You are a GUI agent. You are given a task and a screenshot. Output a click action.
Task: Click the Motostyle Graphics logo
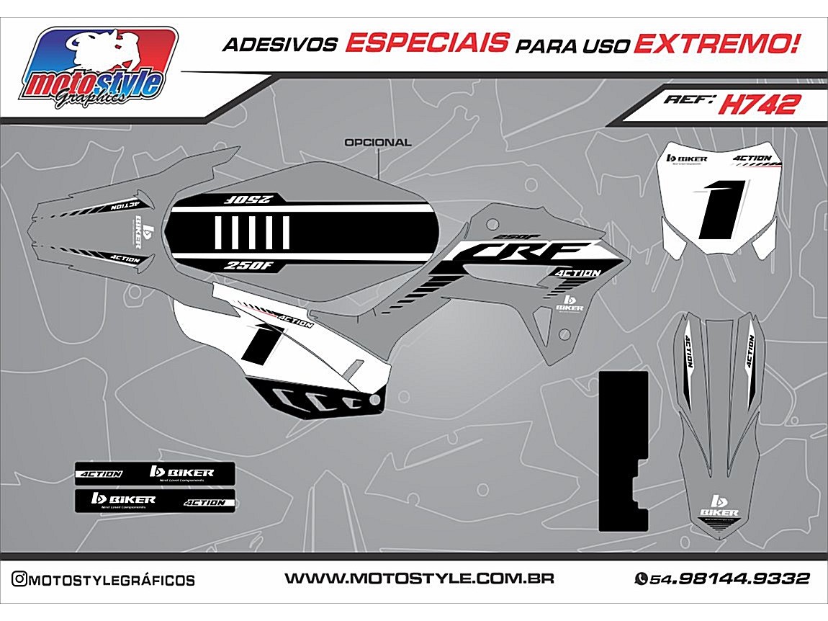tap(99, 68)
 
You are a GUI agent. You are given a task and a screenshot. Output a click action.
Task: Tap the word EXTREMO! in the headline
tap(716, 43)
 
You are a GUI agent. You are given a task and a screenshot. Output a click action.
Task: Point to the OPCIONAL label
tap(378, 143)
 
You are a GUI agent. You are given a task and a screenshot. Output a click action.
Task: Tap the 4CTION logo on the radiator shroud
tap(577, 273)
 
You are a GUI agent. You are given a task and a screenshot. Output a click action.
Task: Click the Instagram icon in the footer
tap(19, 579)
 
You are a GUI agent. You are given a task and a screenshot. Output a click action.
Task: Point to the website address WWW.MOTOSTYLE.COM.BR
tap(419, 578)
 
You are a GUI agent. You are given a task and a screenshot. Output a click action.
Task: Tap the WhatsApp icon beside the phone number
tap(641, 578)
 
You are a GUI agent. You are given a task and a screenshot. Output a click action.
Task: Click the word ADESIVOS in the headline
tap(280, 45)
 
